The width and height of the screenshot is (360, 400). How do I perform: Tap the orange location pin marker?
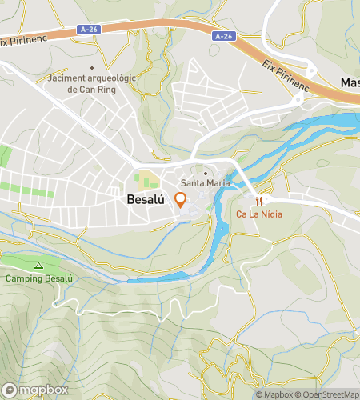click(181, 200)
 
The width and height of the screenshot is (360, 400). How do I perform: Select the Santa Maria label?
click(206, 183)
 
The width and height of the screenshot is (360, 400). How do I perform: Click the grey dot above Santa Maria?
click(206, 172)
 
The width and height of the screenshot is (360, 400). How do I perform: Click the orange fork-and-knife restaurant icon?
click(259, 201)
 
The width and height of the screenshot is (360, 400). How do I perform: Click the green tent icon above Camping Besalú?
click(38, 266)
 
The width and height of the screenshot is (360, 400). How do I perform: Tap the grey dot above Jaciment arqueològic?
click(93, 68)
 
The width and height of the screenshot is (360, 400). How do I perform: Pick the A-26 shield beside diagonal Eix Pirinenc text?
click(223, 36)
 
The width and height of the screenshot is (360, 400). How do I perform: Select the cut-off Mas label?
click(350, 82)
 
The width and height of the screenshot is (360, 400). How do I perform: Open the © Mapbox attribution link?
click(274, 394)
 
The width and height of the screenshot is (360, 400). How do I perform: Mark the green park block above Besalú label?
click(146, 179)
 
